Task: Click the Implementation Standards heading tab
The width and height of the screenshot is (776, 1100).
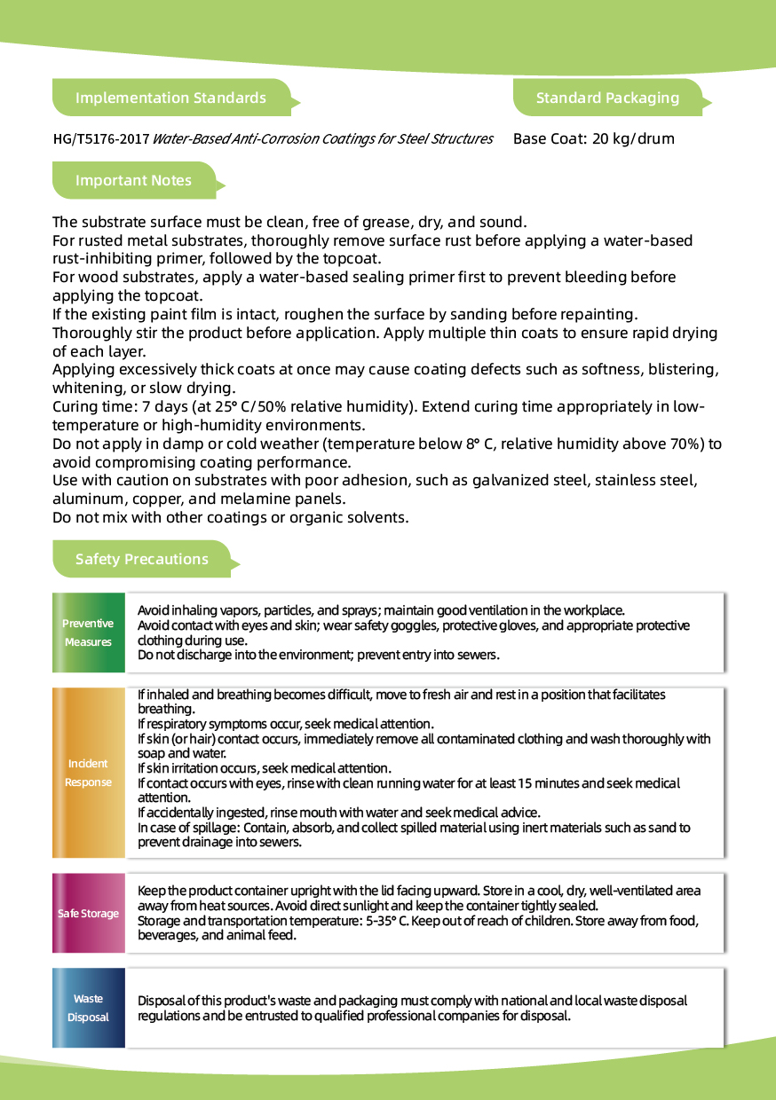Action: (170, 98)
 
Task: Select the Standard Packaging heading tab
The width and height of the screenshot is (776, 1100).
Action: (607, 98)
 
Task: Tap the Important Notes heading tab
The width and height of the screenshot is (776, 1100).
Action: (133, 180)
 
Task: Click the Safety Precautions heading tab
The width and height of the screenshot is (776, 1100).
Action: (142, 559)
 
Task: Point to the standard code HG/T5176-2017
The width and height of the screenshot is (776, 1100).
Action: (100, 138)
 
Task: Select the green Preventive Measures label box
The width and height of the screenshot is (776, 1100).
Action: (88, 632)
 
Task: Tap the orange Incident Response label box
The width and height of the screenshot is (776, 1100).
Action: (88, 773)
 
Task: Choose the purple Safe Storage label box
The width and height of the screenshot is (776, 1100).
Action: (88, 914)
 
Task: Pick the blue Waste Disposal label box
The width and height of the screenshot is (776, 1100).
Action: (88, 1008)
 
